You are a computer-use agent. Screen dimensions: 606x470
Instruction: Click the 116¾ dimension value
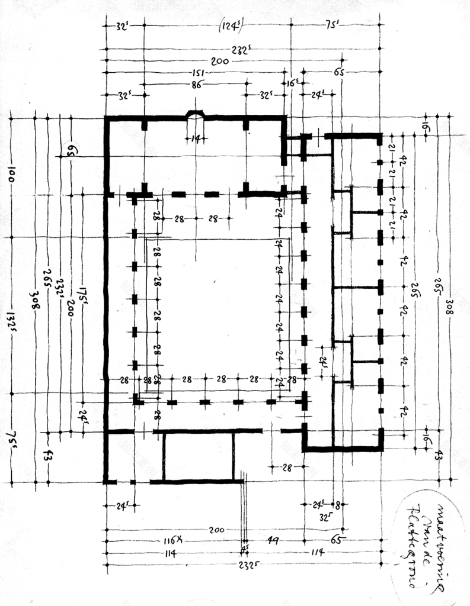pos(174,541)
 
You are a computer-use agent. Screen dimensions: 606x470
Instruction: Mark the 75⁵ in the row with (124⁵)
pos(332,26)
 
